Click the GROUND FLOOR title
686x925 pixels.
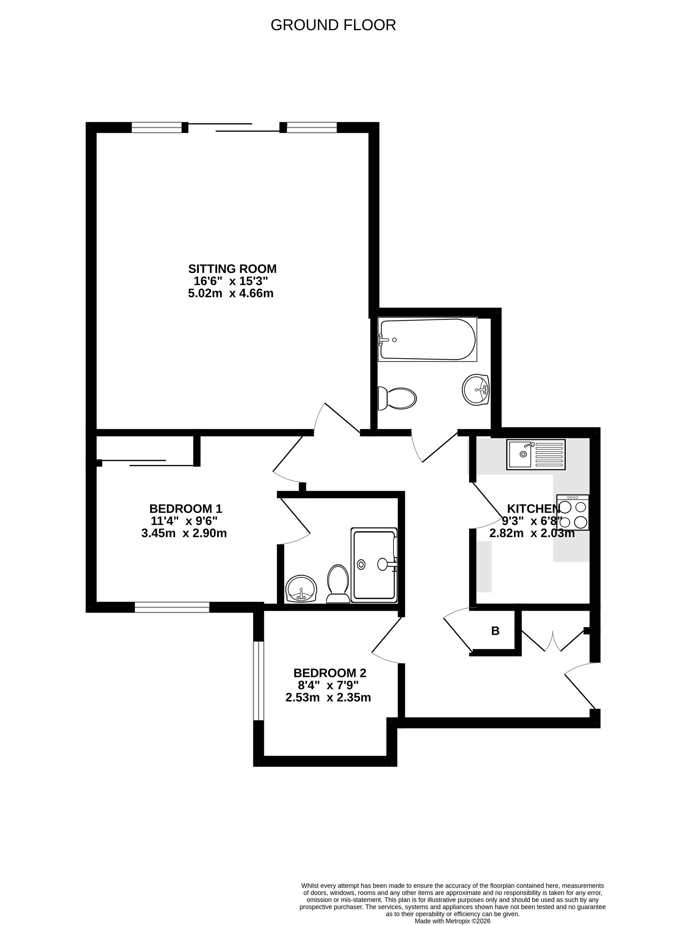click(x=333, y=25)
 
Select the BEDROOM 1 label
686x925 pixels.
click(x=186, y=508)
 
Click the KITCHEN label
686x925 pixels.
click(x=533, y=508)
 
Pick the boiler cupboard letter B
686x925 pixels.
click(x=496, y=631)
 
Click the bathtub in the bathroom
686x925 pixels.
click(x=427, y=339)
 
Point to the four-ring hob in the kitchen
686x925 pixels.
click(x=573, y=512)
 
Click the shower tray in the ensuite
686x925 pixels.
click(x=374, y=565)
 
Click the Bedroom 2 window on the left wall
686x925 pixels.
click(x=259, y=680)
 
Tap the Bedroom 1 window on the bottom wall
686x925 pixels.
click(x=172, y=607)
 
